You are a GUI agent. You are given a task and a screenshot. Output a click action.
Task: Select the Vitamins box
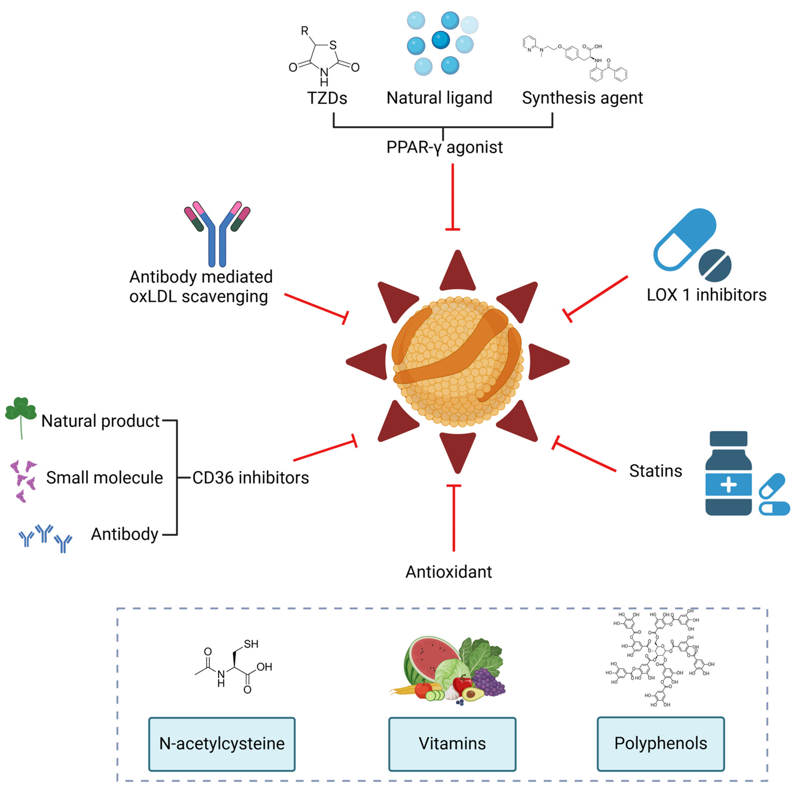coord(452,744)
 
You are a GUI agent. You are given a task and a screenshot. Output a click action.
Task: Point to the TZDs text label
coord(327,98)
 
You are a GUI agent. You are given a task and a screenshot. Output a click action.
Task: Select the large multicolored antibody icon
coord(217,233)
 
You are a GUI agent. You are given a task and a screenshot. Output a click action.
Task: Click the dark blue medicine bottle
coord(728,474)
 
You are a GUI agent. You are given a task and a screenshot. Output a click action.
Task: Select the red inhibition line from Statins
coord(584,456)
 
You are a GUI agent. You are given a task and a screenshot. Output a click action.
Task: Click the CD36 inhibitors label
coord(250,478)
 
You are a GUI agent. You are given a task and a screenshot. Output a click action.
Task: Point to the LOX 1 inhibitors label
coord(706,295)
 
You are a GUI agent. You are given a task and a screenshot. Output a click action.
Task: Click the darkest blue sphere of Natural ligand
coord(440,40)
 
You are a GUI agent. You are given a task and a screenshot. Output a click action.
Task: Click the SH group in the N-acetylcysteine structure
coord(250,644)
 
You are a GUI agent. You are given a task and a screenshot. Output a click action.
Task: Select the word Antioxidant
coord(449,572)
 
